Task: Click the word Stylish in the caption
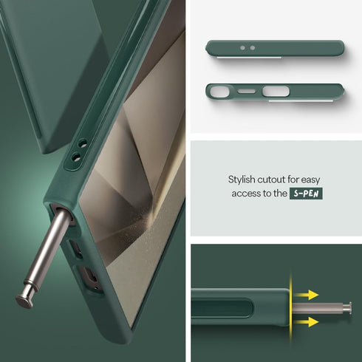(243, 180)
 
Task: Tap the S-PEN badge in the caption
(306, 194)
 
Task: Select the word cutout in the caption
(275, 180)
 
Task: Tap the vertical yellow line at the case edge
(291, 309)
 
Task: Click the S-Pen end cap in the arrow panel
(346, 309)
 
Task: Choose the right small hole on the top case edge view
(252, 48)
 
